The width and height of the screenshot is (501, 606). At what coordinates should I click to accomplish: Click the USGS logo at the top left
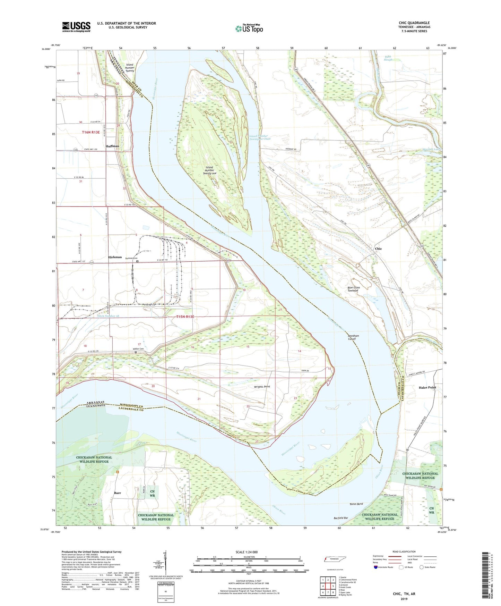click(x=76, y=27)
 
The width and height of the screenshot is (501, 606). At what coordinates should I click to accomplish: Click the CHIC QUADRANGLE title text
click(x=414, y=23)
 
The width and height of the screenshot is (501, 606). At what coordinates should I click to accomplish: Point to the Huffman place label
click(x=112, y=146)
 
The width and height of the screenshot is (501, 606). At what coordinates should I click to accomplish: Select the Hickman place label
click(x=115, y=257)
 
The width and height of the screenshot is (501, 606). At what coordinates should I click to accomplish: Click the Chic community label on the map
click(x=378, y=249)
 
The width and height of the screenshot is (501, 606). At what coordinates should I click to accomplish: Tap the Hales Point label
click(x=427, y=387)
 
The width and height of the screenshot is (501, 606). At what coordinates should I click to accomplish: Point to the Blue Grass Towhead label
click(x=354, y=289)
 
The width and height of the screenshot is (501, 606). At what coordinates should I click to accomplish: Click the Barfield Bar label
click(x=341, y=518)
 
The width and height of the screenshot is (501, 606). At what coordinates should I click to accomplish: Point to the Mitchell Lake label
click(x=431, y=150)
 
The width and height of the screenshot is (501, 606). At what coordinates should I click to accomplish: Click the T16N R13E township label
click(x=91, y=132)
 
